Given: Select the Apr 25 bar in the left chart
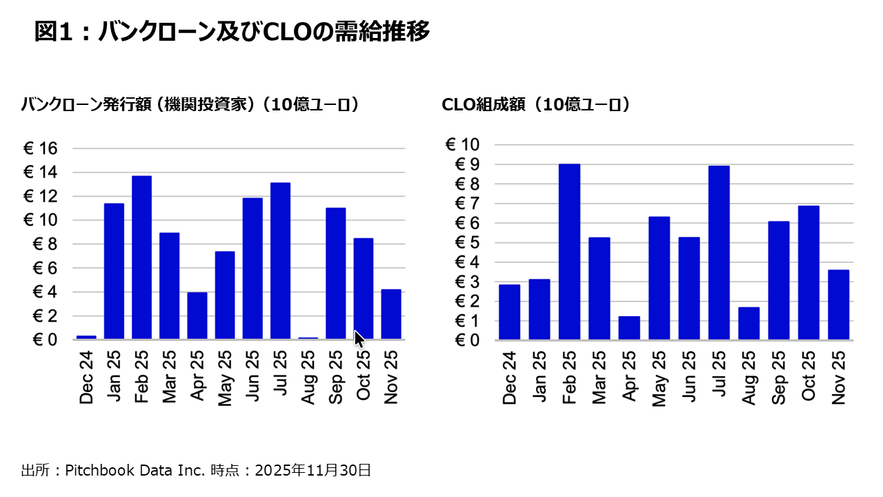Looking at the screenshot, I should point(197,315).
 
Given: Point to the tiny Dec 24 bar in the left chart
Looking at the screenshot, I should point(86,337).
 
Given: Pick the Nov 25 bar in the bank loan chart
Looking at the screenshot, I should point(390,314).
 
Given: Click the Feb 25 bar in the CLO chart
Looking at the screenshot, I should point(569,252).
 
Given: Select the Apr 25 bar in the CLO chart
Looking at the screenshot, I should point(629,328).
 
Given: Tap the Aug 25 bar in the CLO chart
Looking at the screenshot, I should point(748,323).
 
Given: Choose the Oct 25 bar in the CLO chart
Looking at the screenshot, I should point(808,273).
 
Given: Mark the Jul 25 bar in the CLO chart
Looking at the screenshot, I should point(719,253).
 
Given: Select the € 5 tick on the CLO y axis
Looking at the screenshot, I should point(466,243).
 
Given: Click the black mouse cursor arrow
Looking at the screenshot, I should point(359,340).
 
